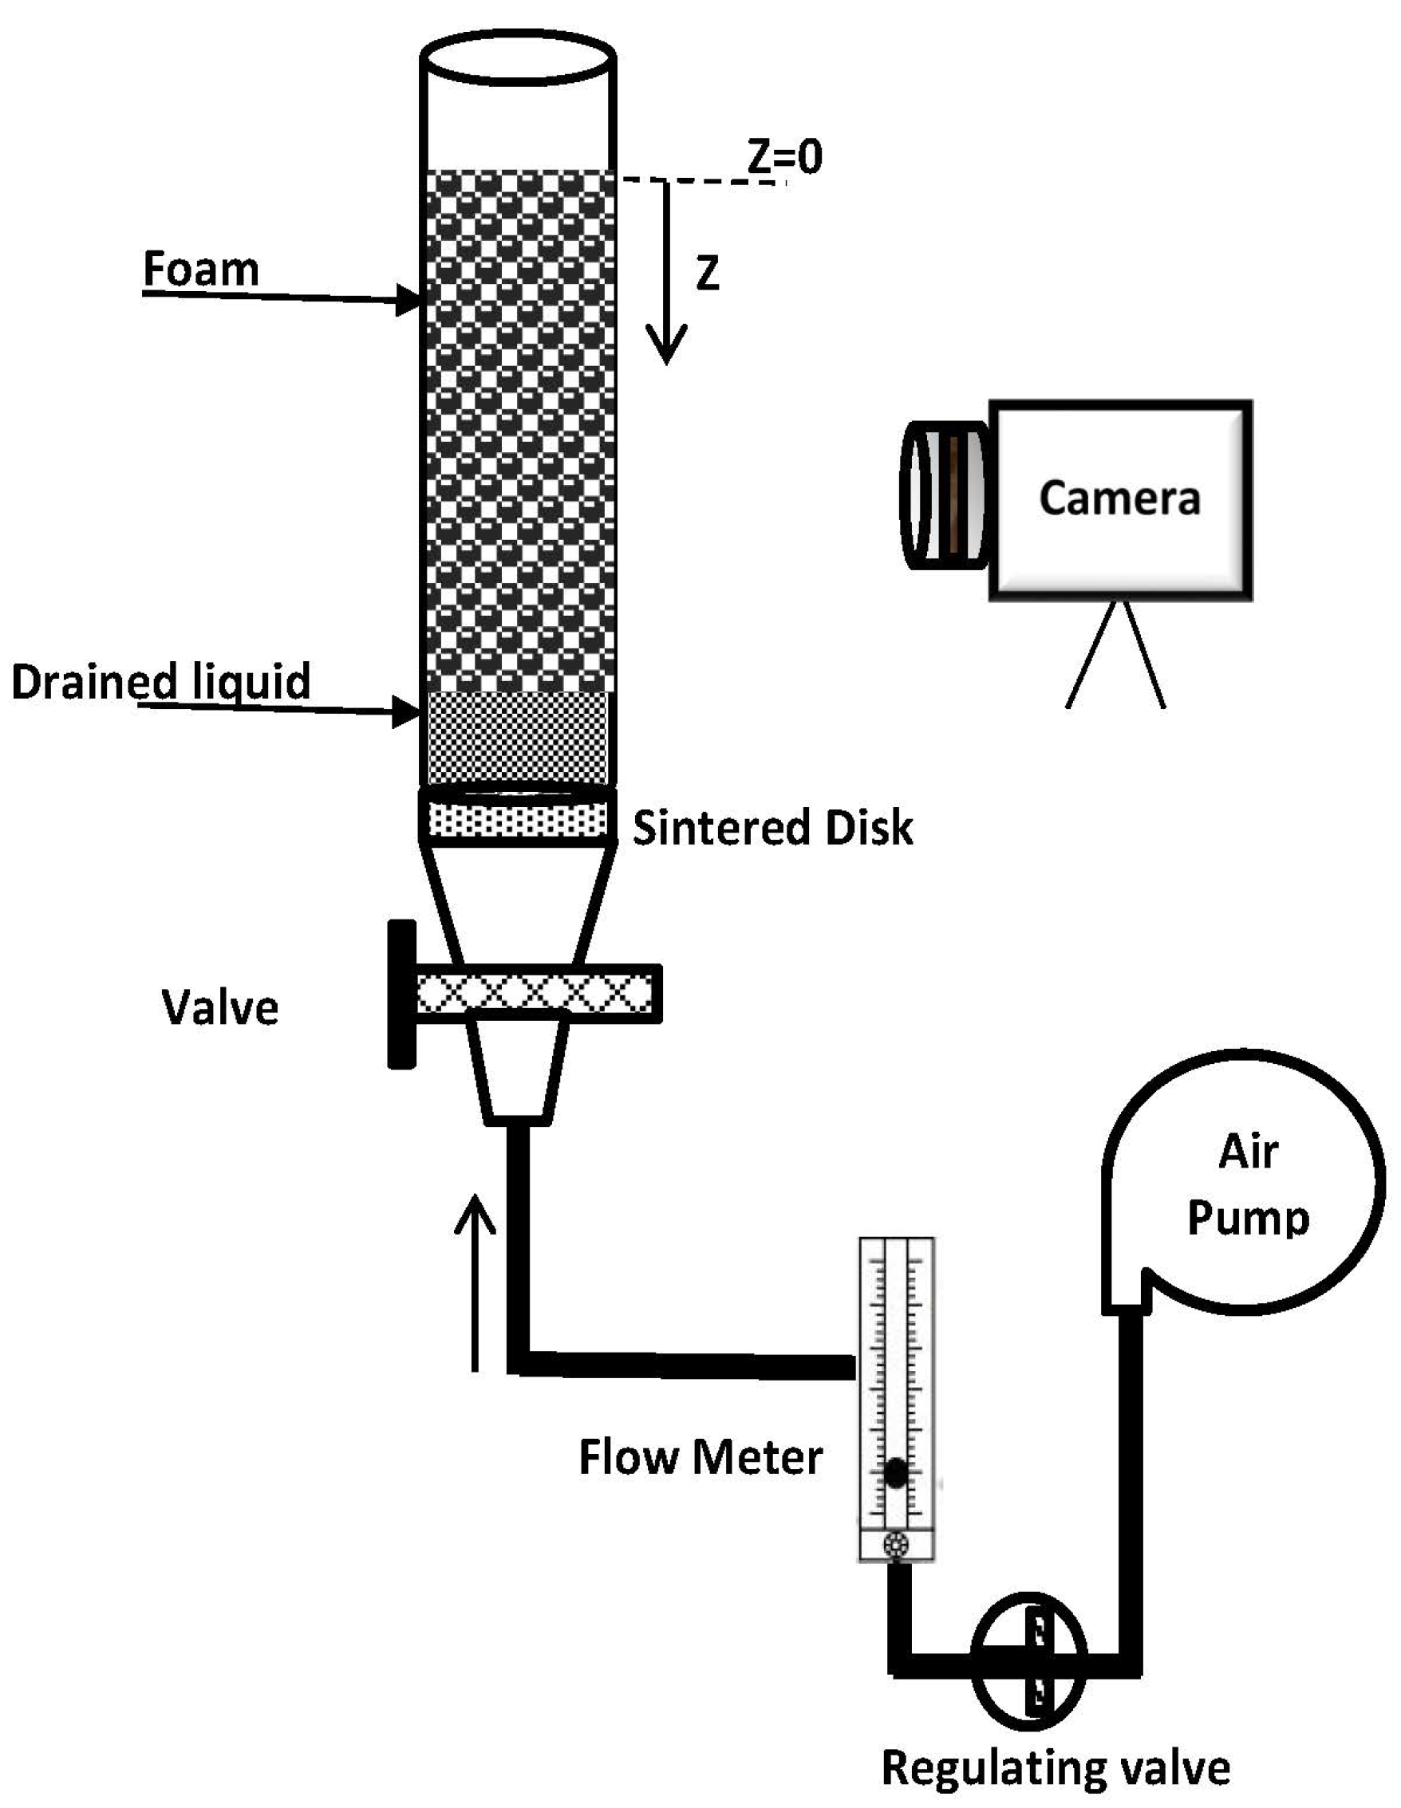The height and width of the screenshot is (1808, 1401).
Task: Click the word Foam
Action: [x=201, y=269]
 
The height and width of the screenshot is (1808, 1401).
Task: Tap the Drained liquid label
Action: [x=160, y=681]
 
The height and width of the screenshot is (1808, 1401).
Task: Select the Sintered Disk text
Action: [x=772, y=827]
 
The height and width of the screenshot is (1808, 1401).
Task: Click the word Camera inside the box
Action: [x=1119, y=498]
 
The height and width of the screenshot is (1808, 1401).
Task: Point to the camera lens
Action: [x=942, y=496]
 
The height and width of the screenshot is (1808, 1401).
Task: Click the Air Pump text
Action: [x=1248, y=1184]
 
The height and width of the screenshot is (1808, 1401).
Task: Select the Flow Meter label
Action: [x=700, y=1457]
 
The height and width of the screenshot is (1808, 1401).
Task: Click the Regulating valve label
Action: [x=1055, y=1767]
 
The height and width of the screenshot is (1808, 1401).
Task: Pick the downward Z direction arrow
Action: [x=665, y=274]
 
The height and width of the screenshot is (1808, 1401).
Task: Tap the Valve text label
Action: [x=220, y=1007]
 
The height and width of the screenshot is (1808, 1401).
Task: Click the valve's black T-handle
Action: [x=401, y=995]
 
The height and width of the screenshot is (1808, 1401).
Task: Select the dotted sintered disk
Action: [x=517, y=821]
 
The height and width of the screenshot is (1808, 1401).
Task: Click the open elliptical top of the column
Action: [x=518, y=57]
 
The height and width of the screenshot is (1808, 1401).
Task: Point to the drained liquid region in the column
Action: [x=517, y=737]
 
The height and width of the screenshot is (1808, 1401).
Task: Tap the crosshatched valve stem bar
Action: [x=534, y=994]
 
